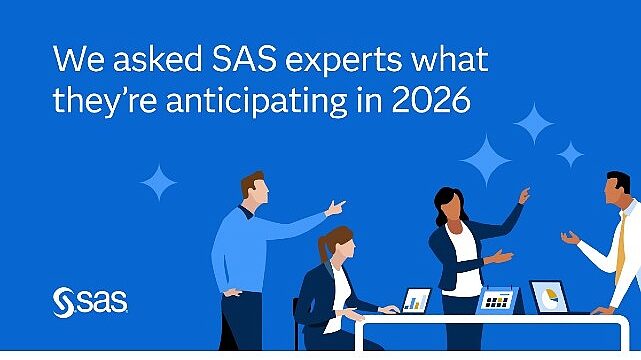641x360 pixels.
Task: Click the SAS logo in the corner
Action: pyautogui.click(x=88, y=299)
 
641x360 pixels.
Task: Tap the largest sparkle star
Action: pyautogui.click(x=483, y=160)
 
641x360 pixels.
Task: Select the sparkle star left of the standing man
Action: pyautogui.click(x=158, y=182)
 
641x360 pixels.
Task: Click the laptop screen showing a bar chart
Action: pyautogui.click(x=416, y=299)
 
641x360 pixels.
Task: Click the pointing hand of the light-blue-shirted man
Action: pyautogui.click(x=336, y=208)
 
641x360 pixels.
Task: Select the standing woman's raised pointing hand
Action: pyautogui.click(x=523, y=195)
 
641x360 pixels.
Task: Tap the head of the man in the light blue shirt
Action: pyautogui.click(x=255, y=186)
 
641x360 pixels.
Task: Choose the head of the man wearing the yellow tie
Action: pyautogui.click(x=618, y=187)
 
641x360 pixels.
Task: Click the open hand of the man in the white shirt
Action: pyautogui.click(x=570, y=238)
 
